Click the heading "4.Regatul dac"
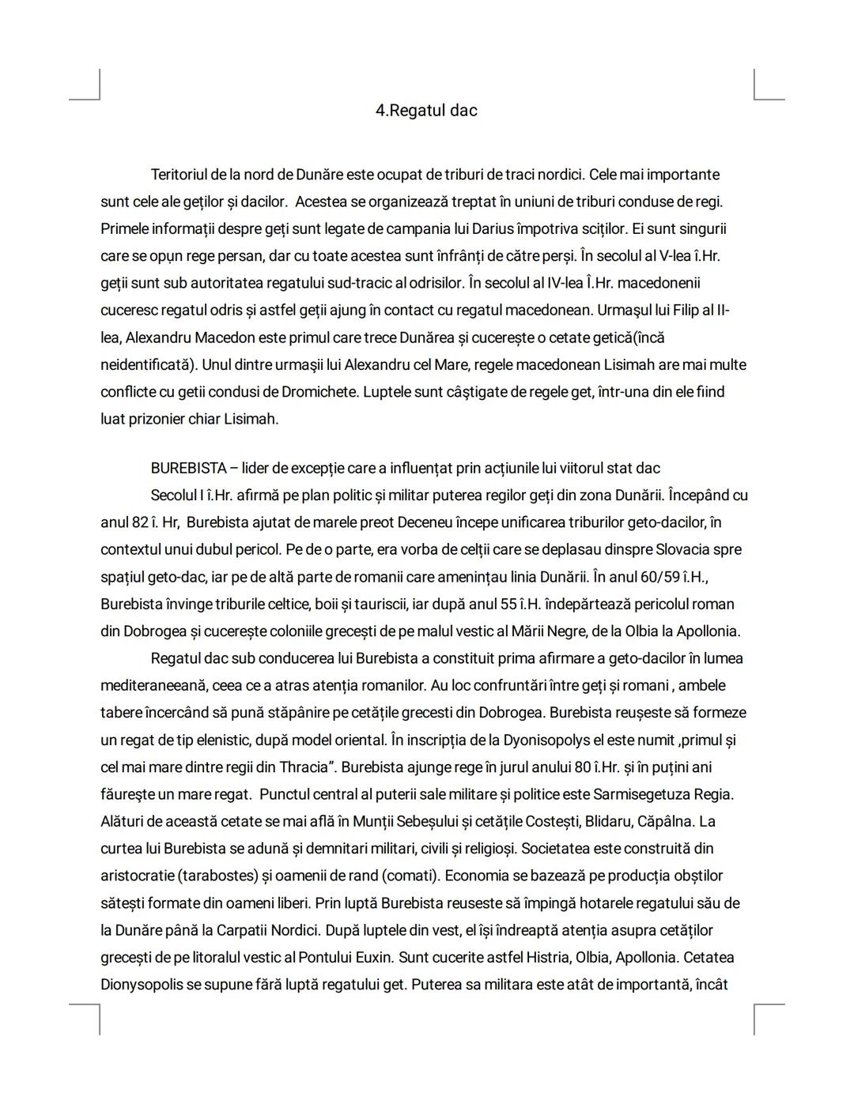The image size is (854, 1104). click(x=426, y=111)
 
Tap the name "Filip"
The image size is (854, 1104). click(x=681, y=310)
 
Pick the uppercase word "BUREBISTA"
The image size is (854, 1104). click(x=188, y=468)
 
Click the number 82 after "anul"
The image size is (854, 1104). click(x=139, y=522)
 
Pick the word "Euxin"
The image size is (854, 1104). click(x=372, y=957)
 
